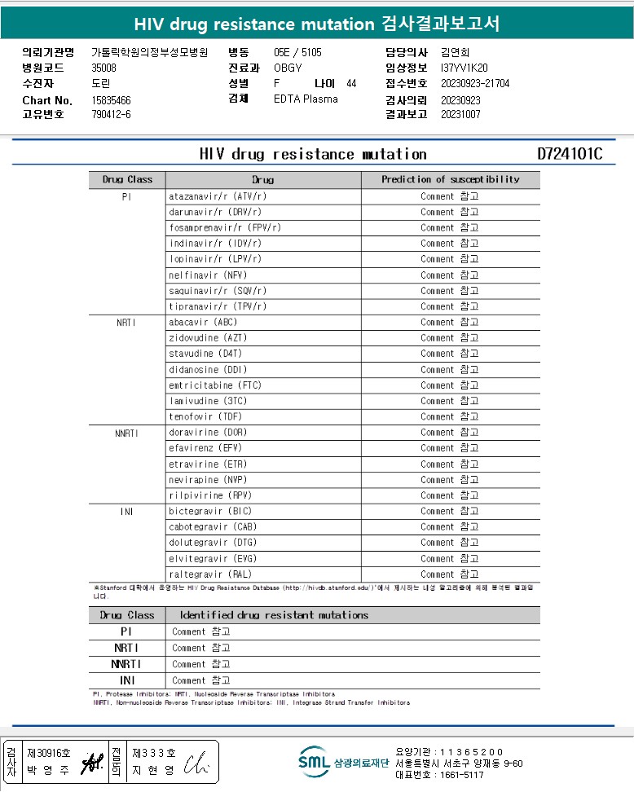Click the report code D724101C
point(570,154)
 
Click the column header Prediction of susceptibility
point(450,179)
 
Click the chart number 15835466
point(112,100)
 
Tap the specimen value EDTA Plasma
point(306,99)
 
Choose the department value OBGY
point(288,68)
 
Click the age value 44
point(351,83)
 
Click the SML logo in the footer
point(314,762)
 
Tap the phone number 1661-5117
point(462,775)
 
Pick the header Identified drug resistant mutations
point(274,615)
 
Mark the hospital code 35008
point(104,68)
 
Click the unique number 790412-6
point(112,114)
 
